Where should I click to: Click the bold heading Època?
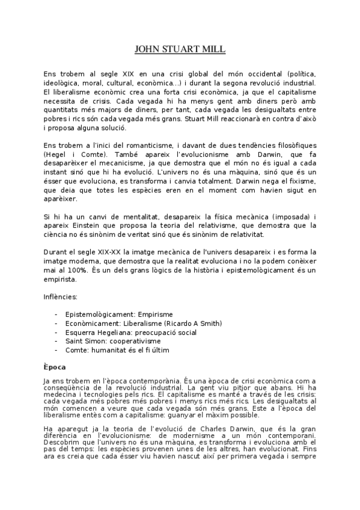click(54, 367)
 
